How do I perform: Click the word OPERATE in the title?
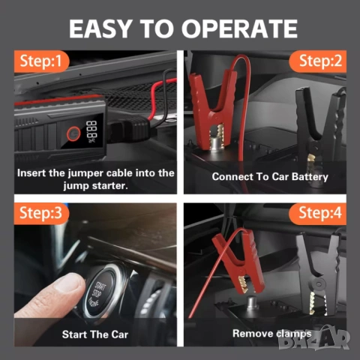click(x=239, y=28)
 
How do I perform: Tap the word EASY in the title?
click(x=100, y=28)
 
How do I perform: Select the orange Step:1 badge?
click(x=41, y=61)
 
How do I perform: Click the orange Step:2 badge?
click(x=318, y=61)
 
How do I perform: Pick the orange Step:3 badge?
click(x=41, y=213)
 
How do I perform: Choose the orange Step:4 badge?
click(x=318, y=213)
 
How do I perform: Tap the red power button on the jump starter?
click(x=73, y=133)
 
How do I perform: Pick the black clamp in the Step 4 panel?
click(x=319, y=274)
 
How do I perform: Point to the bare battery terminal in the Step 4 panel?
click(x=252, y=302)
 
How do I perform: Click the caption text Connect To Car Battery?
click(x=270, y=177)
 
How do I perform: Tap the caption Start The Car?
click(x=95, y=334)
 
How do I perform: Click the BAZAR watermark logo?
click(x=314, y=337)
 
